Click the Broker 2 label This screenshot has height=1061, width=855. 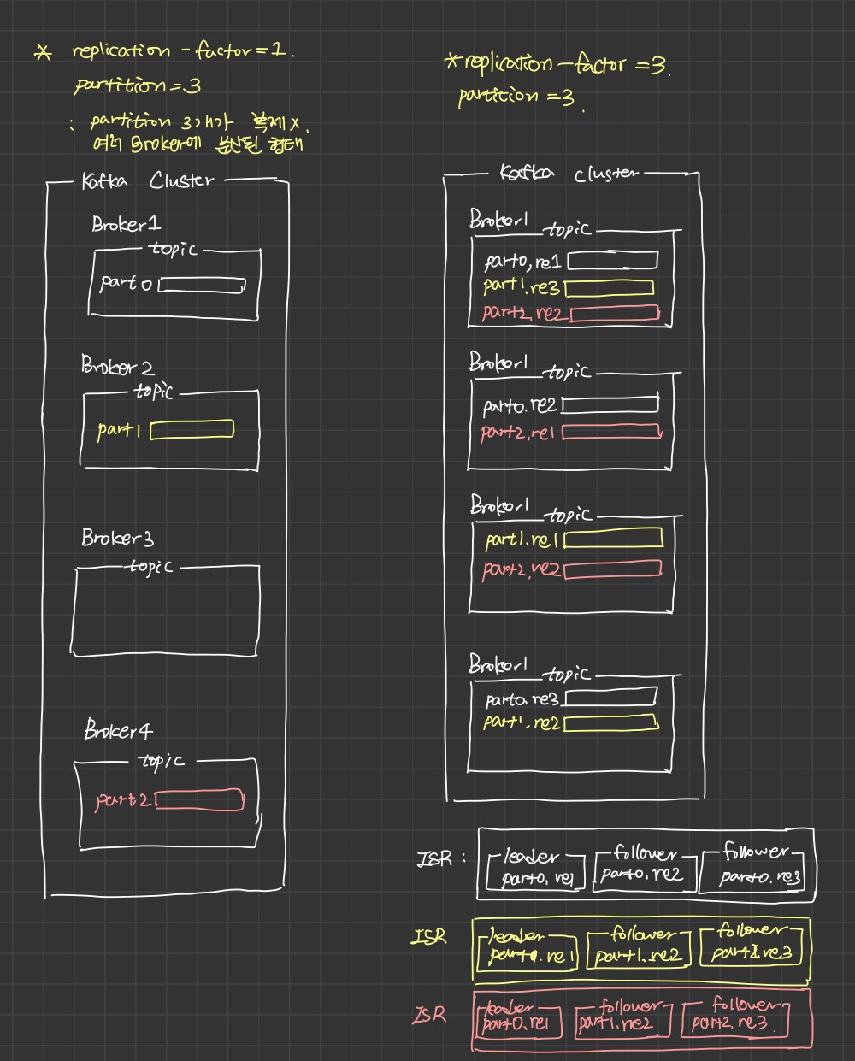[118, 367]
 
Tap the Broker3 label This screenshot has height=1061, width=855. [118, 538]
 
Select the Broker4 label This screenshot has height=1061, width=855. [119, 731]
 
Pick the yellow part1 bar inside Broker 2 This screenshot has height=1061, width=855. [192, 429]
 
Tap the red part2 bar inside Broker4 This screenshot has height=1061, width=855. [200, 801]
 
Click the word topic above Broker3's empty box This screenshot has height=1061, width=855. [150, 567]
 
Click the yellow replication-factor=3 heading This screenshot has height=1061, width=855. [560, 65]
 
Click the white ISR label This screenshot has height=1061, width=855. [434, 858]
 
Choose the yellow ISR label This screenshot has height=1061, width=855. [429, 936]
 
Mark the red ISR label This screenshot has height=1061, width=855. [429, 1015]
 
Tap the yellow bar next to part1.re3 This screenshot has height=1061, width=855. [609, 288]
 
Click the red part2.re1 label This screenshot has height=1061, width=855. [519, 433]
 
